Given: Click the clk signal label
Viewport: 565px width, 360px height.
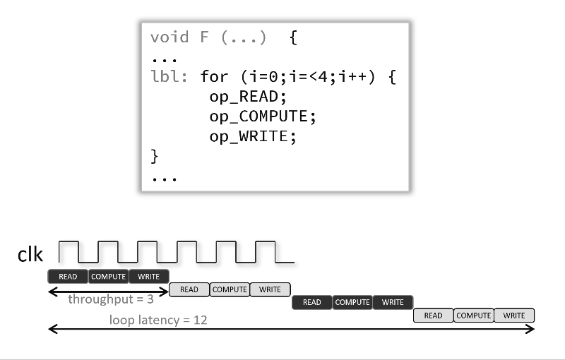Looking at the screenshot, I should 31,255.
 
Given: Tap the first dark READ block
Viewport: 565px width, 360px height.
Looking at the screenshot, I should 68,276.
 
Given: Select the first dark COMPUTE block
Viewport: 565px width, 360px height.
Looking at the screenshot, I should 108,276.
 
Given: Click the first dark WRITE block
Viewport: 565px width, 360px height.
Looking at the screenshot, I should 149,276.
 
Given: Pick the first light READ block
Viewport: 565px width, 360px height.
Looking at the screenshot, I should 189,289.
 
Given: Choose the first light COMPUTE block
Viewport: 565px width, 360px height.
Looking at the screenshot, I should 230,289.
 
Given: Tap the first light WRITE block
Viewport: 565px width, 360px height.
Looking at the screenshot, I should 270,289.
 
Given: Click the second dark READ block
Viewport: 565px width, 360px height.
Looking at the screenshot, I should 311,302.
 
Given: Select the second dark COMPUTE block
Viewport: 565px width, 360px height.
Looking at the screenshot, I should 352,302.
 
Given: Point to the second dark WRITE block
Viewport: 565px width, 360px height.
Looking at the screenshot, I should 393,302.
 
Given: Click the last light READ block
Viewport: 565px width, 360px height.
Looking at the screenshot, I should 433,316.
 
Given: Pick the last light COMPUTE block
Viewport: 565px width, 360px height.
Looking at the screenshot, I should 474,316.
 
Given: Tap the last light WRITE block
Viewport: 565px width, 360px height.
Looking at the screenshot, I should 514,316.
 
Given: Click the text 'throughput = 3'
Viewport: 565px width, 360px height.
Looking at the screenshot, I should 111,299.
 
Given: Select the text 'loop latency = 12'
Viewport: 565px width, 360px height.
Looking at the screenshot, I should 157,320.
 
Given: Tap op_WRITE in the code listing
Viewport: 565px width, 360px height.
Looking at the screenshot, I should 249,135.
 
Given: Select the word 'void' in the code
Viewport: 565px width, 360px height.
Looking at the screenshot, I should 169,37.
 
